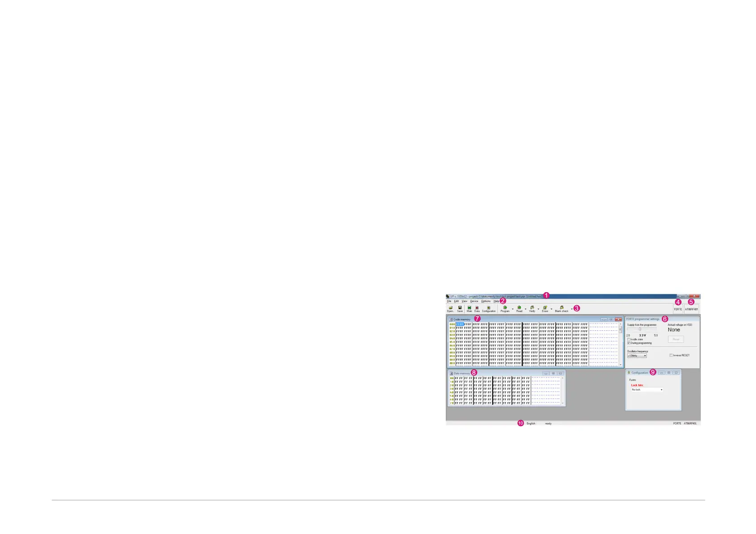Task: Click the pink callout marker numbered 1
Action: point(546,295)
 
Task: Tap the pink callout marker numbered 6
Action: point(665,319)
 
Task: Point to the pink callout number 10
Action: point(521,423)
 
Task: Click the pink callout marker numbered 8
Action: point(474,372)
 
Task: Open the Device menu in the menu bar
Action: point(474,301)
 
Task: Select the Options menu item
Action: point(486,301)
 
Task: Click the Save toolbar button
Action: point(460,309)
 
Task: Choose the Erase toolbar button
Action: point(545,309)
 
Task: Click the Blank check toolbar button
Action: point(562,309)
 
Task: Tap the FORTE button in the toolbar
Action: point(678,309)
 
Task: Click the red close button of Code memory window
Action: point(618,320)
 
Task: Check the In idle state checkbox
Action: point(629,339)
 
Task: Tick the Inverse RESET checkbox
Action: point(671,355)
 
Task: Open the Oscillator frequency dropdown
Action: point(637,356)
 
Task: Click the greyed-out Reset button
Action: point(676,339)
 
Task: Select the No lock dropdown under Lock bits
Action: point(647,390)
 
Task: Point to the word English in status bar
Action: point(531,423)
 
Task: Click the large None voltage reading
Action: point(674,330)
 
